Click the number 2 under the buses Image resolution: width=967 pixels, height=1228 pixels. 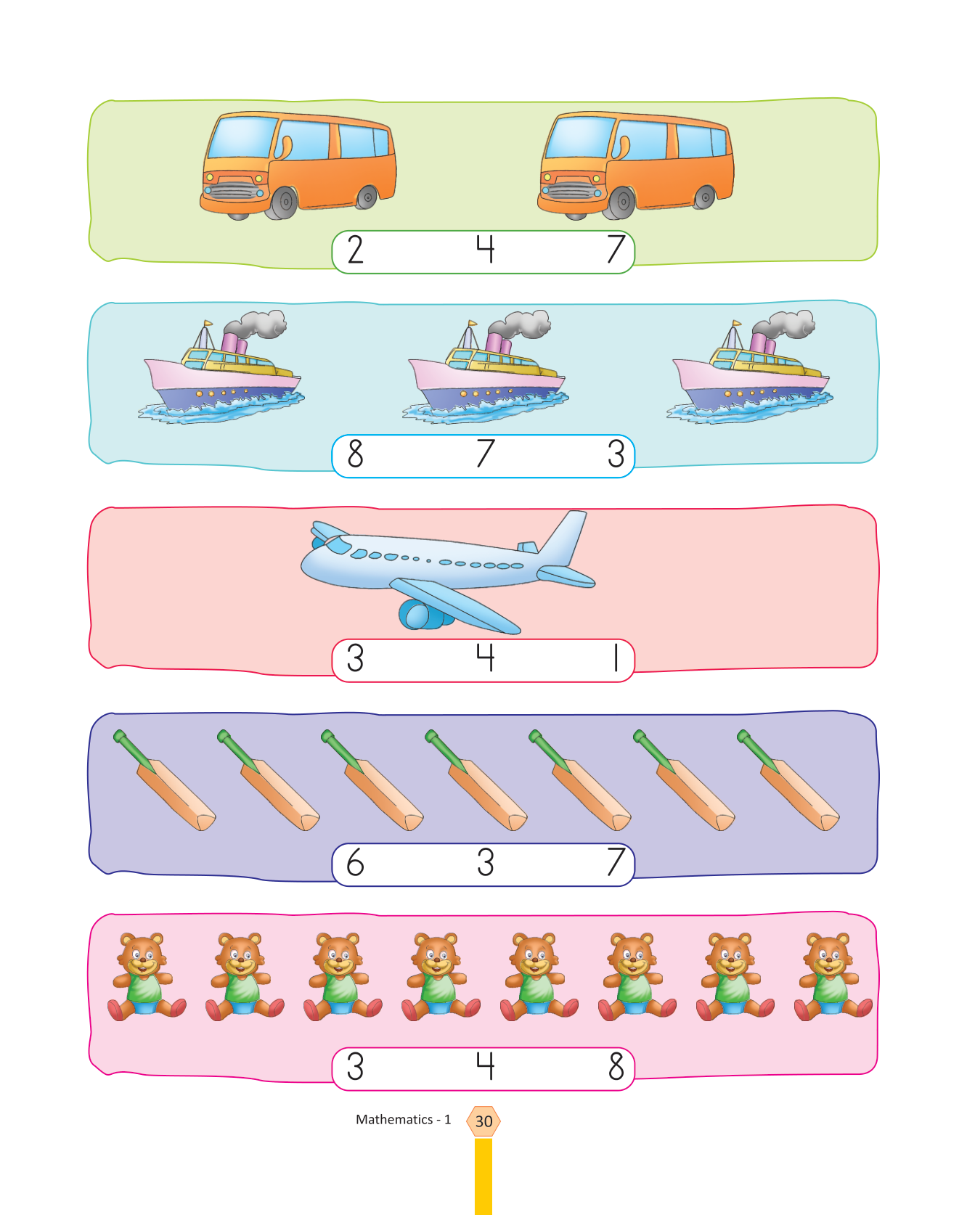(355, 250)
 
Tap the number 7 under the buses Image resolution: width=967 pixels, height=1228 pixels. (616, 250)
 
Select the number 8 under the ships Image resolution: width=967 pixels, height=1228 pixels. (355, 454)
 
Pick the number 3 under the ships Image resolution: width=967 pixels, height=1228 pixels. (616, 454)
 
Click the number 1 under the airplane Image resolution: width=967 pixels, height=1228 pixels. (616, 658)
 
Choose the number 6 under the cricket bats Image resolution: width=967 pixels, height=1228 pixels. (355, 863)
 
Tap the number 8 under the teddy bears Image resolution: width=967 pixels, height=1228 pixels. (616, 1067)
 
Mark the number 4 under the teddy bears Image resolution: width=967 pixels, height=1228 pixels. (485, 1067)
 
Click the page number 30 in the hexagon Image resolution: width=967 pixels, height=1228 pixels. (483, 1121)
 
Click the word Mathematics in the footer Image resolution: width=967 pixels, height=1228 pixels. (394, 1120)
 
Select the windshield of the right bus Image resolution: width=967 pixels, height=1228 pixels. (579, 137)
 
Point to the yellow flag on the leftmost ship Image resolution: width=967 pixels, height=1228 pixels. (208, 324)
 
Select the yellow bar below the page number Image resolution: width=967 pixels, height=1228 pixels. (483, 1176)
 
